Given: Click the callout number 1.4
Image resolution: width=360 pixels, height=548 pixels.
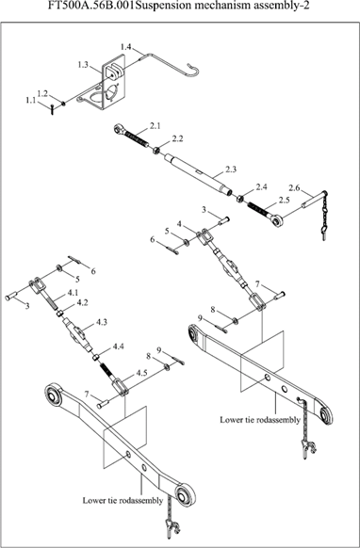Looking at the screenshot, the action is (x=125, y=47).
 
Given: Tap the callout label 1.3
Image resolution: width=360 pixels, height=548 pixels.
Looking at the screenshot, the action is (x=83, y=65).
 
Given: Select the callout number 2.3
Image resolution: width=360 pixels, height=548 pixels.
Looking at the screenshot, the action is (x=231, y=169).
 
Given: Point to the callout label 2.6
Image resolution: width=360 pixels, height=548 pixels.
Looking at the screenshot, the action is (x=294, y=188).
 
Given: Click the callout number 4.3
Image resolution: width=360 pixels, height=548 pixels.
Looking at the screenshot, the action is (x=102, y=322).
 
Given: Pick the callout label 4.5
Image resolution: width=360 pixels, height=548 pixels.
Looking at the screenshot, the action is (x=141, y=373).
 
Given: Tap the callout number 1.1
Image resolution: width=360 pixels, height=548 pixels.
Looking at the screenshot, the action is (x=31, y=101).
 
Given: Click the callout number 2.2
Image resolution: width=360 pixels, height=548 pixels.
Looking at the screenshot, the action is (x=178, y=138).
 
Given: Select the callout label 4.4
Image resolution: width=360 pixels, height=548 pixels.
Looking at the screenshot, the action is (x=118, y=347).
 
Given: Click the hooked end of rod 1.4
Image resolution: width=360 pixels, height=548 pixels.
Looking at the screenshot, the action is (x=194, y=70).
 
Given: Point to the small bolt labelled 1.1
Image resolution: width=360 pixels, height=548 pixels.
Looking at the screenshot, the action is (x=52, y=110).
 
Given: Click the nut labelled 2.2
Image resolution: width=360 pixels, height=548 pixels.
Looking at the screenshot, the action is (x=156, y=151).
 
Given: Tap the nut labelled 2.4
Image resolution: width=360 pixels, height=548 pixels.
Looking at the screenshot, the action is (x=239, y=199).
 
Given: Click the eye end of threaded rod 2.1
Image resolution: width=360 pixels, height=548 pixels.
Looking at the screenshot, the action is (x=119, y=129).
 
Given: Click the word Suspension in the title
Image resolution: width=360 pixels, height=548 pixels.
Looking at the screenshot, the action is (x=158, y=6).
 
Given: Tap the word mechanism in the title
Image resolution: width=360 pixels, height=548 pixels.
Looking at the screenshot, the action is (x=209, y=6).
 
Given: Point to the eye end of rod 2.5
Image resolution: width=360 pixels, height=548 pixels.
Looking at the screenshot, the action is (x=277, y=221).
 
